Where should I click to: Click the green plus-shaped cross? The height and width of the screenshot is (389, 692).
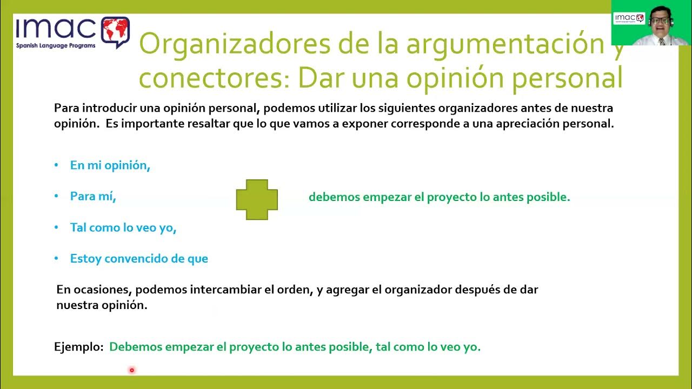click(x=257, y=199)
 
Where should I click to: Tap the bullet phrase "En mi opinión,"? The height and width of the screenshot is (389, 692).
click(x=110, y=166)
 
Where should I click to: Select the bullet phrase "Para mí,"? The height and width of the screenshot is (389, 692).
click(x=93, y=197)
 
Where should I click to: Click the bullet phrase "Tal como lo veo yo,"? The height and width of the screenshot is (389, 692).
click(x=123, y=228)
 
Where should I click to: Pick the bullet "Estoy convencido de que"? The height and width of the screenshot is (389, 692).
click(x=139, y=259)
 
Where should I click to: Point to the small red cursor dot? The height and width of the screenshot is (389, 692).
click(x=131, y=370)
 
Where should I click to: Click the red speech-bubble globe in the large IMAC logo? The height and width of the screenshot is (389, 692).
click(x=115, y=31)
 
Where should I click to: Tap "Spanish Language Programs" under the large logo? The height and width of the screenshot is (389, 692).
click(x=56, y=46)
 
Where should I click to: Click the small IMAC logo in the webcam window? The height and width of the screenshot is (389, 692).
click(x=629, y=18)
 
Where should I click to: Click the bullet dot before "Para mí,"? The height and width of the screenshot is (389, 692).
click(x=57, y=197)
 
